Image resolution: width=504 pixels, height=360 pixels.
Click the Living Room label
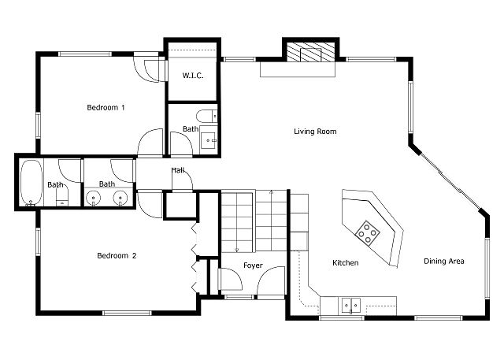pyautogui.click(x=315, y=131)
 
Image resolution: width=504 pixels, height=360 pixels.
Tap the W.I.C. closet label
pyautogui.click(x=193, y=76)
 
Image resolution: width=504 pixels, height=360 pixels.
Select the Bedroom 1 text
pyautogui.click(x=106, y=107)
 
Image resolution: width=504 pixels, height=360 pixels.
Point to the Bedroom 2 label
pyautogui.click(x=117, y=255)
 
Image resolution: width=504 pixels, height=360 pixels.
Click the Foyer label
pyautogui.click(x=253, y=265)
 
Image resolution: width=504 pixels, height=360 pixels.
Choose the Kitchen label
pyautogui.click(x=345, y=262)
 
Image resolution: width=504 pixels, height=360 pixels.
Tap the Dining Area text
pyautogui.click(x=444, y=261)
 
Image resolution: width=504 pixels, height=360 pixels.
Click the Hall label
pyautogui.click(x=178, y=170)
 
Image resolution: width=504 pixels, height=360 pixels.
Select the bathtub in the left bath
pyautogui.click(x=31, y=182)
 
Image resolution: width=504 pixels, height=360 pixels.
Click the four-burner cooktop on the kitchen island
pyautogui.click(x=368, y=233)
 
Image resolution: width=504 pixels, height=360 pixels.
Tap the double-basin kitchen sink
pyautogui.click(x=351, y=304)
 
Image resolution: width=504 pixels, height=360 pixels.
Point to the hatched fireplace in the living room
pyautogui.click(x=310, y=52)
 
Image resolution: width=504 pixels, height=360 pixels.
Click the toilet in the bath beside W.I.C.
pyautogui.click(x=206, y=116)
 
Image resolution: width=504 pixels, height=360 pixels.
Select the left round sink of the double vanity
pyautogui.click(x=94, y=197)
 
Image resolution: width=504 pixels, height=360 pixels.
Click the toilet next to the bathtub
pyautogui.click(x=62, y=196)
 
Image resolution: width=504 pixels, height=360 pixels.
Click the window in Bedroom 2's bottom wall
pyautogui.click(x=127, y=313)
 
